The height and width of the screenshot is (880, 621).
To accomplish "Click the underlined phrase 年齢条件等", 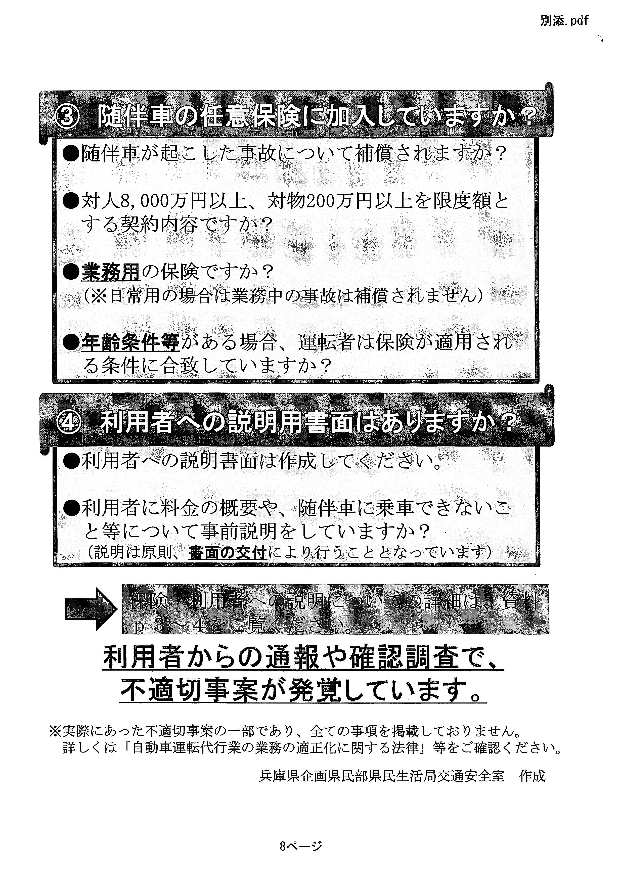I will [x=130, y=342].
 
